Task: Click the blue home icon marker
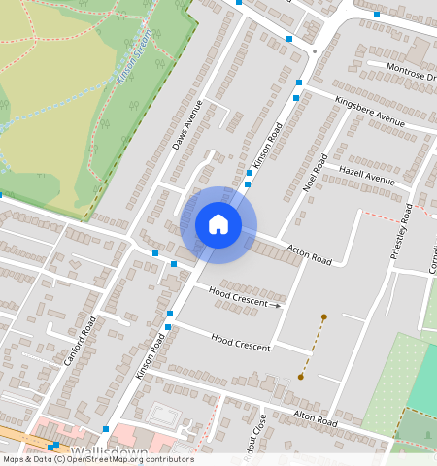(x=218, y=225)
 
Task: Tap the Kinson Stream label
(x=136, y=56)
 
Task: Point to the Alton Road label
(x=315, y=418)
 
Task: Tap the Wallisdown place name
(x=109, y=453)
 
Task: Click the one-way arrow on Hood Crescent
(x=277, y=305)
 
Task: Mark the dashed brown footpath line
(x=312, y=347)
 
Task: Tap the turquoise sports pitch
(x=424, y=383)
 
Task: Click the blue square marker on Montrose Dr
(x=377, y=15)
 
